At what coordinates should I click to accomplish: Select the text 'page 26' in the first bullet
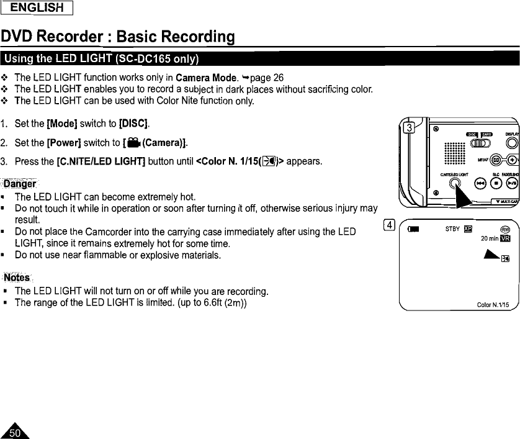269,78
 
